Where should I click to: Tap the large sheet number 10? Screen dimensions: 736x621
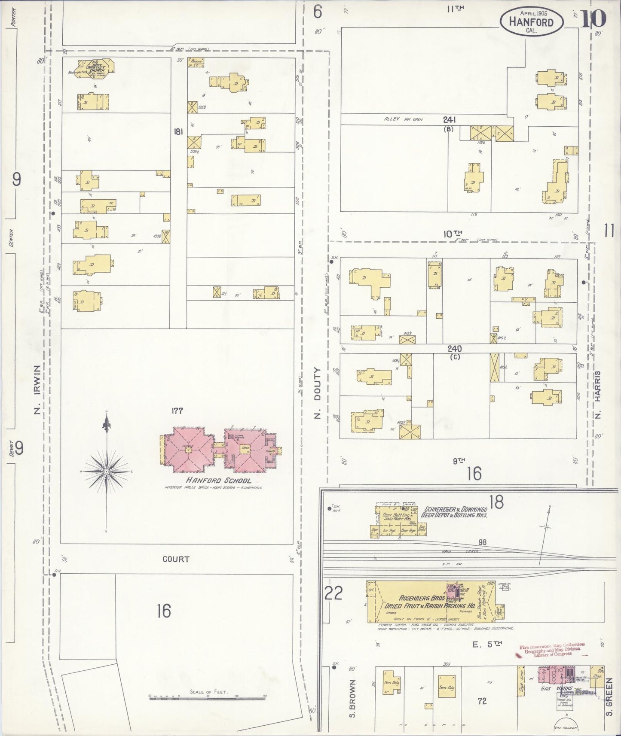point(593,18)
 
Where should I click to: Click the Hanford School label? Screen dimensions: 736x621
point(218,481)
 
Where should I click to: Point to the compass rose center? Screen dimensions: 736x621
point(106,471)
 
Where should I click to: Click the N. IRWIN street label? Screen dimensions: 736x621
point(37,389)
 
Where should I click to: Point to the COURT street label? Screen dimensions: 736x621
point(176,559)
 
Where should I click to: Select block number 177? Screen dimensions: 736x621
point(177,411)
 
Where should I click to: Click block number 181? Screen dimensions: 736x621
point(178,131)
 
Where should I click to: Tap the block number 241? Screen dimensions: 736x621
point(449,120)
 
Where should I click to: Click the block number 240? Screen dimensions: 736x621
point(454,349)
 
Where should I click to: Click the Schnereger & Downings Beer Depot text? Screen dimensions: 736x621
point(454,512)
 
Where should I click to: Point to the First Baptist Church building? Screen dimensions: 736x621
point(95,69)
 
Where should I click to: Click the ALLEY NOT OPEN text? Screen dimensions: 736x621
point(403,119)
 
